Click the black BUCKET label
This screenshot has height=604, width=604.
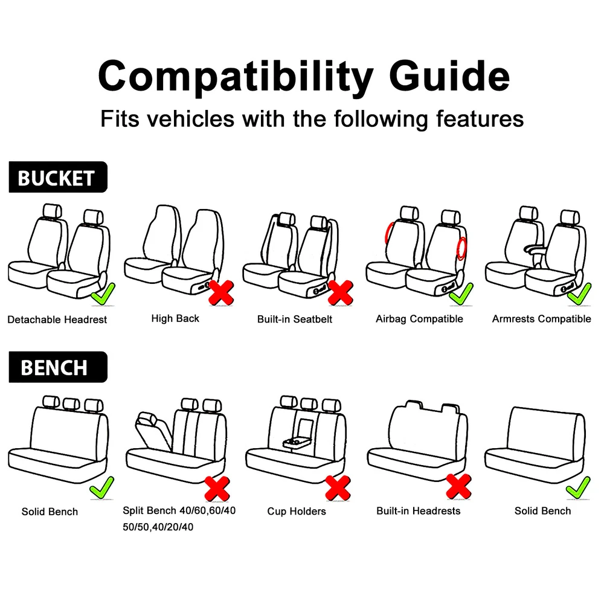pyautogui.click(x=58, y=177)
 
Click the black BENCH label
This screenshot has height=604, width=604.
pyautogui.click(x=58, y=367)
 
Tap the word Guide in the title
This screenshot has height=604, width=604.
pyautogui.click(x=449, y=76)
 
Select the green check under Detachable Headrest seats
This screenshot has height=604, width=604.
pyautogui.click(x=103, y=294)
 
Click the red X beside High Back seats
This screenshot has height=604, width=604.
pyautogui.click(x=221, y=293)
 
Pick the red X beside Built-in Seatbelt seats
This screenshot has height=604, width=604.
pyautogui.click(x=341, y=293)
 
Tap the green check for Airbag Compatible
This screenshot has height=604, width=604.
pyautogui.click(x=461, y=294)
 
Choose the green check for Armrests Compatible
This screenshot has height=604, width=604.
pyautogui.click(x=579, y=294)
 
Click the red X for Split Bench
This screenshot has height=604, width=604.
pyautogui.click(x=217, y=489)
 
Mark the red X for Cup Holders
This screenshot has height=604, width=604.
pyautogui.click(x=338, y=488)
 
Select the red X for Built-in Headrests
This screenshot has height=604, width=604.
pyautogui.click(x=458, y=486)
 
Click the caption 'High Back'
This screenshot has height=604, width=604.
pyautogui.click(x=175, y=318)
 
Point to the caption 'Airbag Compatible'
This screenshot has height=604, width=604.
pyautogui.click(x=420, y=319)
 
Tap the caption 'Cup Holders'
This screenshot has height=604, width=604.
pyautogui.click(x=297, y=511)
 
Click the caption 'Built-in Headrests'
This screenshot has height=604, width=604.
pyautogui.click(x=419, y=511)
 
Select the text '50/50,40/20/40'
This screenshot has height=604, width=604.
pyautogui.click(x=158, y=527)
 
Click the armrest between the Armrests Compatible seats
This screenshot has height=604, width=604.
pyautogui.click(x=535, y=249)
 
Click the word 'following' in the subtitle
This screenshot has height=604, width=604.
pyautogui.click(x=381, y=118)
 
